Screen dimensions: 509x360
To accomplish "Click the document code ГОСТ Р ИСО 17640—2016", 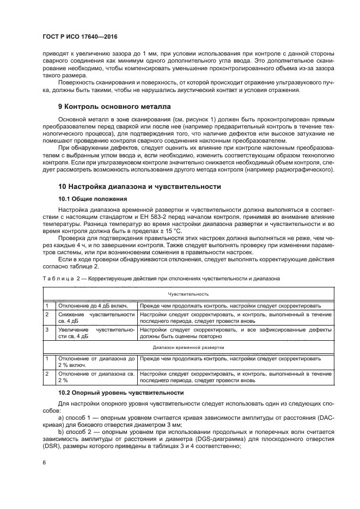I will (x=80, y=37).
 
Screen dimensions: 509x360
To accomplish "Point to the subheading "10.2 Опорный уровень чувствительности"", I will (x=121, y=393).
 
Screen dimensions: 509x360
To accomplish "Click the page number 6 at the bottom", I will (x=44, y=462).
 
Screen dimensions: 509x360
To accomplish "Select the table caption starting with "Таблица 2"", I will (x=161, y=278).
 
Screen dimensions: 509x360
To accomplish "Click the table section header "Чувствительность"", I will (x=188, y=294).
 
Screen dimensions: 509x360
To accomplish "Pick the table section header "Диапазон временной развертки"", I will (x=188, y=347).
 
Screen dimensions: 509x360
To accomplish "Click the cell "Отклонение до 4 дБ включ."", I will (x=89, y=305).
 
